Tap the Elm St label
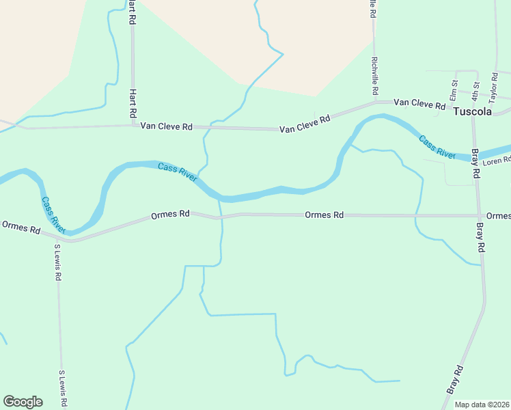point(453,88)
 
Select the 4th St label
point(477,89)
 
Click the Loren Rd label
point(497,161)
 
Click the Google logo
point(23,402)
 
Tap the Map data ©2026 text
point(482,405)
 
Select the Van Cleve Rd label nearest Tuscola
point(420,103)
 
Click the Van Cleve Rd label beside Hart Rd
point(166,126)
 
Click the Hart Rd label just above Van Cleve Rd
point(133,103)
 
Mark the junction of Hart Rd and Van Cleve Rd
point(133,126)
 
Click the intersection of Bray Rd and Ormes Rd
point(479,215)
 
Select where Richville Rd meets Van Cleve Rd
point(375,103)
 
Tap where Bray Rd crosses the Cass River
point(473,156)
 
